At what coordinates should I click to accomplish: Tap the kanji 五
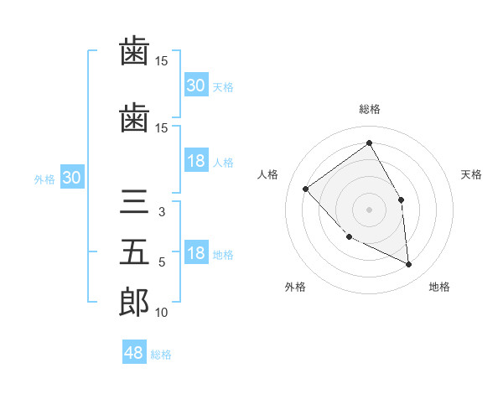tap(134, 252)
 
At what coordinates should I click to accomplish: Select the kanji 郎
tap(134, 302)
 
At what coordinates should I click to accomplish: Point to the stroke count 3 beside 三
tap(162, 212)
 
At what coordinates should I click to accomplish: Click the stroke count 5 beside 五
tap(162, 262)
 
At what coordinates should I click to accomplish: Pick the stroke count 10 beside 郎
tap(162, 313)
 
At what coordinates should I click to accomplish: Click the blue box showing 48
tap(134, 353)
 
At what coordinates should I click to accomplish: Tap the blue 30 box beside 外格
tap(71, 178)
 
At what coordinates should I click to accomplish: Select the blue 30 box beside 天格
tap(195, 86)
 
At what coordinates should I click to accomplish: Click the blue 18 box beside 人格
tap(195, 161)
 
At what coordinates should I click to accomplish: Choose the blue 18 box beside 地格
tap(195, 254)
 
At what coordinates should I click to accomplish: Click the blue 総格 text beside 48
tap(161, 355)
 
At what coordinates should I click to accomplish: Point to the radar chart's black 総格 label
tap(370, 109)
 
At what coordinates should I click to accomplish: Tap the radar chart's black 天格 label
tap(472, 174)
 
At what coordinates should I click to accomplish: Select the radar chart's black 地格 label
tap(439, 287)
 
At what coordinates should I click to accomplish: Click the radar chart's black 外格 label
tap(295, 287)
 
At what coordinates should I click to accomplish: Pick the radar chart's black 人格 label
tap(267, 174)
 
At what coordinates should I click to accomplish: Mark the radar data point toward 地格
tap(409, 264)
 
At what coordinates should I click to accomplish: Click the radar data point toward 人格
tap(306, 189)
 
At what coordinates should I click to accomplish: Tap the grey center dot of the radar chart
tap(369, 209)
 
